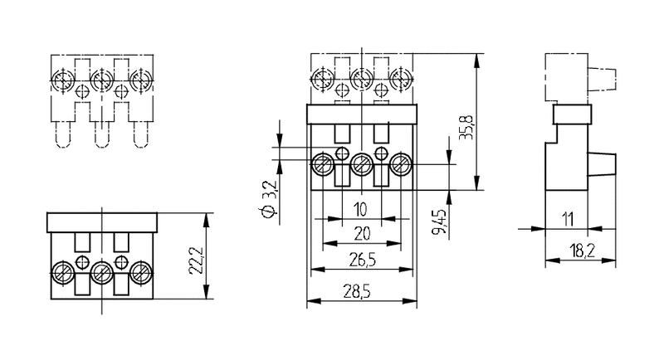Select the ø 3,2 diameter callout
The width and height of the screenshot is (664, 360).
[x=268, y=201]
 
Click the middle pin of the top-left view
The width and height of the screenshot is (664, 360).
[x=102, y=134]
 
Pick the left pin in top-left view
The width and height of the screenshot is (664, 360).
[x=62, y=134]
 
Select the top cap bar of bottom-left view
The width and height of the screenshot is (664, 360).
[x=102, y=221]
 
